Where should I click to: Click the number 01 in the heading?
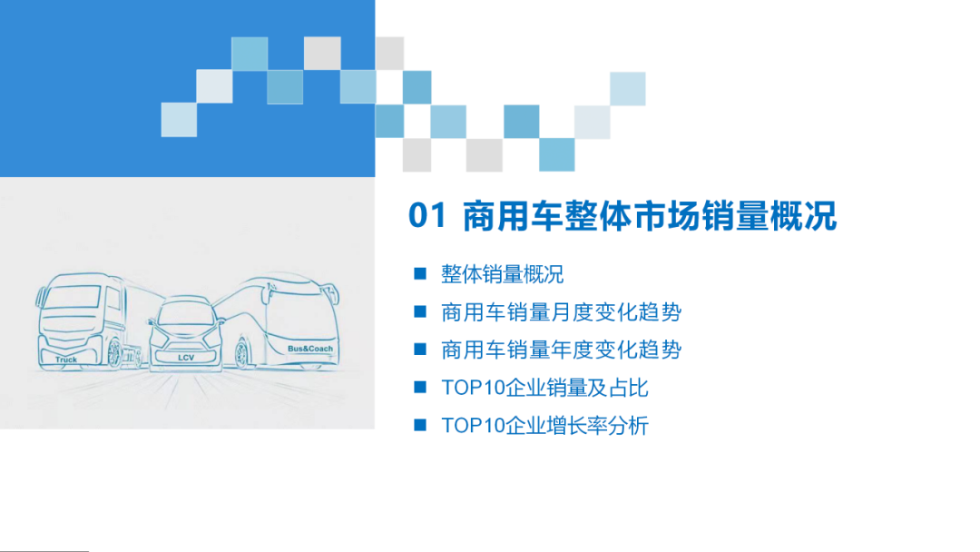(x=427, y=216)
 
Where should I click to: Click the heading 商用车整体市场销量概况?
(x=649, y=216)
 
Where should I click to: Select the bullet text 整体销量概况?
(x=502, y=273)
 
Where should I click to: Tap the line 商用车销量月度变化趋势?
(x=561, y=312)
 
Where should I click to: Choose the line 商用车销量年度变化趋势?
(x=561, y=350)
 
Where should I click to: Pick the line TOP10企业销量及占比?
(x=544, y=388)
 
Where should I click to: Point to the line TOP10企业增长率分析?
(x=544, y=425)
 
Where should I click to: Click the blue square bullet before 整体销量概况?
(x=419, y=273)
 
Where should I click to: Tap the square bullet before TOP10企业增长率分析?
(x=419, y=425)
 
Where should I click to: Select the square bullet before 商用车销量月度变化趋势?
(x=419, y=312)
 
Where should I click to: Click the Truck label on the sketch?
(x=66, y=360)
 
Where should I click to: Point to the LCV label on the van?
(x=186, y=358)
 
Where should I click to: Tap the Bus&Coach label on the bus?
(x=309, y=349)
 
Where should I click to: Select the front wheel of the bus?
(x=242, y=352)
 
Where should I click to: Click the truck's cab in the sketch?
(x=73, y=313)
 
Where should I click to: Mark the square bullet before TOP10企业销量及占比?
(x=419, y=388)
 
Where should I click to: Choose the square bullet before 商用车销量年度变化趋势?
(x=419, y=350)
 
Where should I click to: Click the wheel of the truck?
(x=114, y=353)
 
